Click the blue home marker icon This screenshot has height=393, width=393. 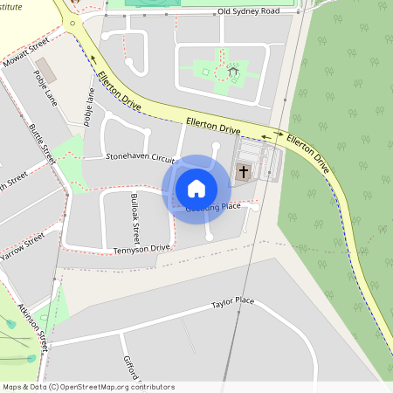click(x=196, y=188)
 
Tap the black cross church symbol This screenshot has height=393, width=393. click(x=244, y=171)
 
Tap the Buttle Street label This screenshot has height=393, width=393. click(x=43, y=143)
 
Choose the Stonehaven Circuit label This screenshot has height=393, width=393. click(x=140, y=157)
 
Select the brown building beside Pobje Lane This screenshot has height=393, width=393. click(x=43, y=68)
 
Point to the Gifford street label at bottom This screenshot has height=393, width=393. click(x=131, y=372)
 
